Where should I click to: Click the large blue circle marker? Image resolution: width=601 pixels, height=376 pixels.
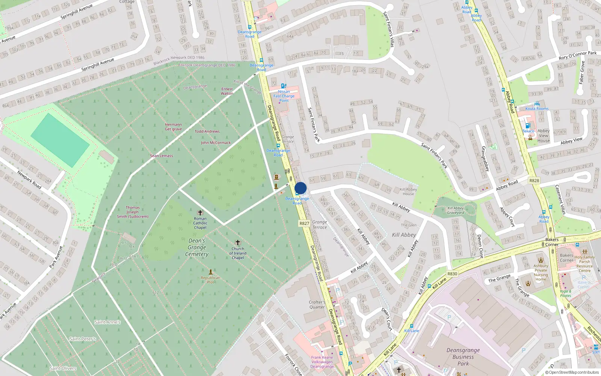300,188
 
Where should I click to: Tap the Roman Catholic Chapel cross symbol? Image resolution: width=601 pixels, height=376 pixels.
200,213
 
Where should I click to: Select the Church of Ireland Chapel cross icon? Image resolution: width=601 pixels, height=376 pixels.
237,243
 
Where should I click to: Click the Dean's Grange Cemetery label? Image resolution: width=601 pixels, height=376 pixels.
197,247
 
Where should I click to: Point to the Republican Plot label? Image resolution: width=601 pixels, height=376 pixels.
210,280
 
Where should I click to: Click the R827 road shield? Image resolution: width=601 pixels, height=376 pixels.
304,223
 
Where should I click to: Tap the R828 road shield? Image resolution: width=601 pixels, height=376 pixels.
534,180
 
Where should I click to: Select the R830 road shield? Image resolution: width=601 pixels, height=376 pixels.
452,274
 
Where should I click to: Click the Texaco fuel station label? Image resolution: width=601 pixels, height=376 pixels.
528,131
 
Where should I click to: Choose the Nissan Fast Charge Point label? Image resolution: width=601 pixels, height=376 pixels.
284,96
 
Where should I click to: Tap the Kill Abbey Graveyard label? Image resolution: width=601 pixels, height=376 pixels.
456,210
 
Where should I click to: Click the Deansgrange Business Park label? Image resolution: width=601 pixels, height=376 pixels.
463,357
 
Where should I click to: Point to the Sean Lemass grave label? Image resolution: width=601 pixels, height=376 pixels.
162,156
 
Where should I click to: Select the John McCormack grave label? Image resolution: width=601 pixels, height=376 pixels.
216,143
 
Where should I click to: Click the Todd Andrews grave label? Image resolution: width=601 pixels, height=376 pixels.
207,132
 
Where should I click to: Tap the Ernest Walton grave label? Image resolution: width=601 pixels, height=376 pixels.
227,91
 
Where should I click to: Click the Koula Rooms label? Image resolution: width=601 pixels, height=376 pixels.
537,109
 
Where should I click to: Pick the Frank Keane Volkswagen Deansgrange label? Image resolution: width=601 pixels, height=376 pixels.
322,362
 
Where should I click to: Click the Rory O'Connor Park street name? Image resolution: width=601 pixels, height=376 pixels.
577,55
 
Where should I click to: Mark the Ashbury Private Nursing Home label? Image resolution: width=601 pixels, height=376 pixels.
541,273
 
